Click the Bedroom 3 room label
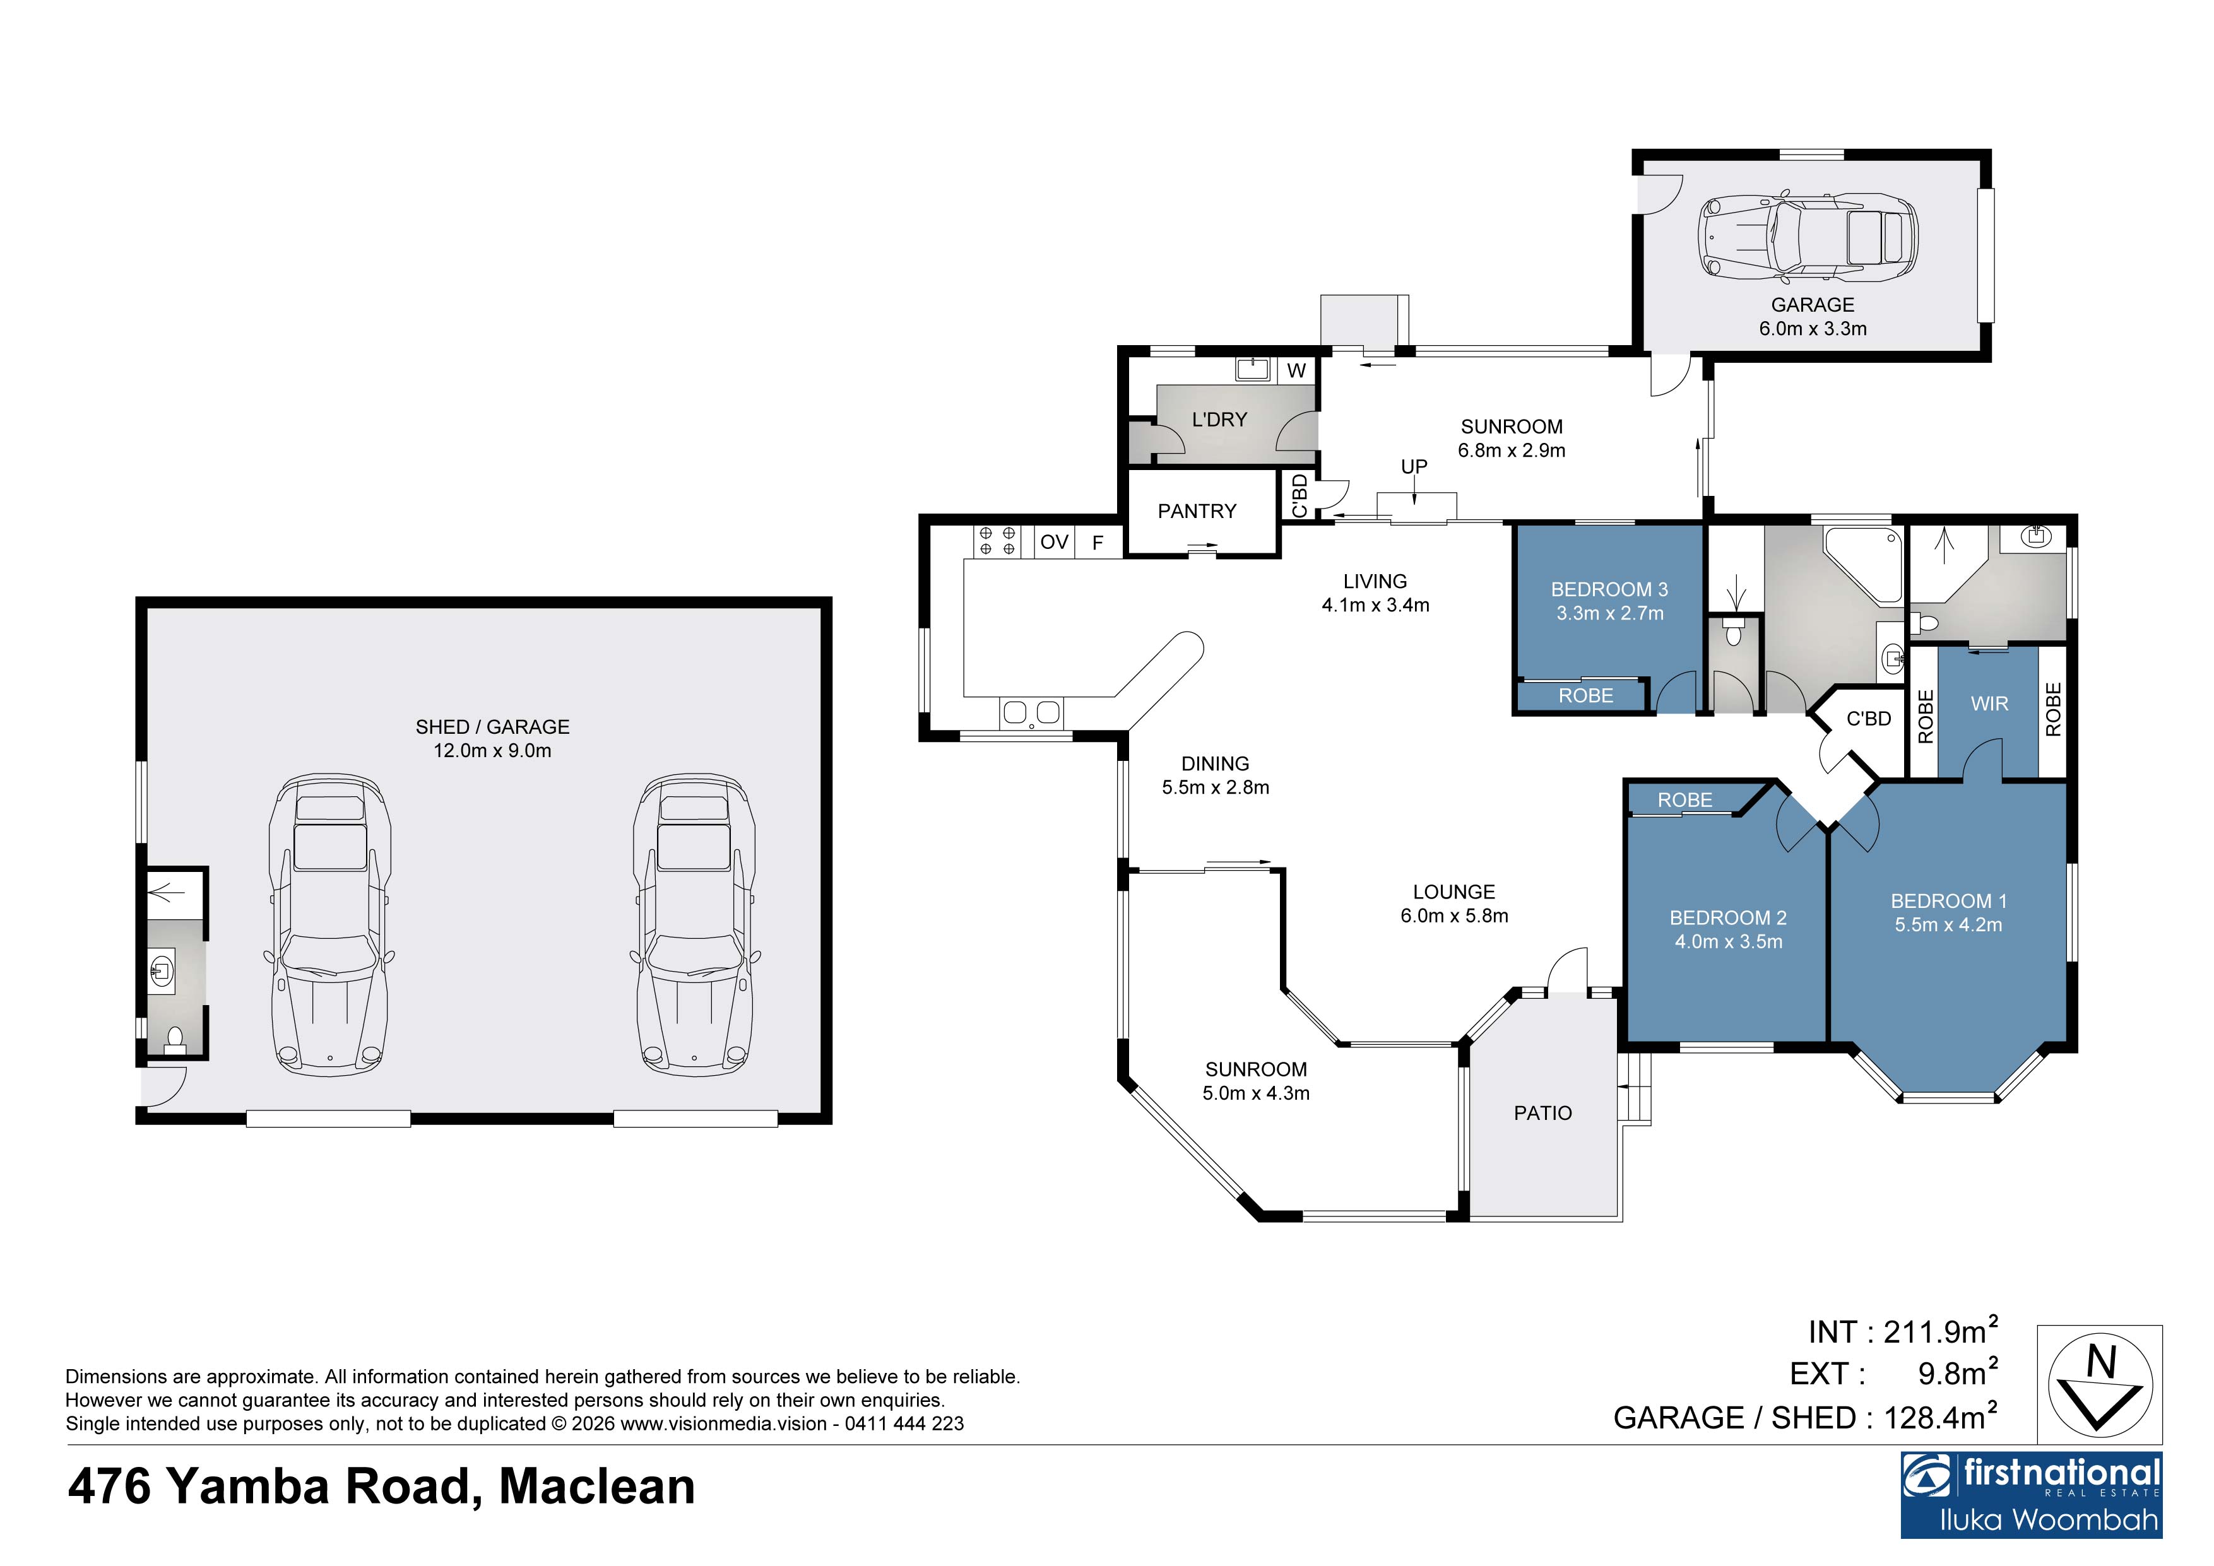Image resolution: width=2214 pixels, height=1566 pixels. (1609, 589)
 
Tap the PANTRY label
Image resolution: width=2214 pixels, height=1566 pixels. (1197, 511)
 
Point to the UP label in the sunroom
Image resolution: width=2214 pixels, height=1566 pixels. (1414, 467)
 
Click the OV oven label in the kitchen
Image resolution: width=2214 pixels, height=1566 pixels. (1054, 542)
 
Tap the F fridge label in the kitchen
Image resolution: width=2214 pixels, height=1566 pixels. (1098, 543)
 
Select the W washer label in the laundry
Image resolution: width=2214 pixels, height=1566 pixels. (1296, 370)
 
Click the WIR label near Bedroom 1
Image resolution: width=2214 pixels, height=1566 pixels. (1989, 704)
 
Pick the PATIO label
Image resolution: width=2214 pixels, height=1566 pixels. (1543, 1113)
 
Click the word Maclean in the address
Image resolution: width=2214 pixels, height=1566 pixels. (597, 1486)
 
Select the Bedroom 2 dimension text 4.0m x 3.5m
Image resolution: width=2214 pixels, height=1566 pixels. (1728, 942)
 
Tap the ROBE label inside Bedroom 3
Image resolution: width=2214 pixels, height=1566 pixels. (1585, 695)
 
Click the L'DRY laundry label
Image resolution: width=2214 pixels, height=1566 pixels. (1219, 420)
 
